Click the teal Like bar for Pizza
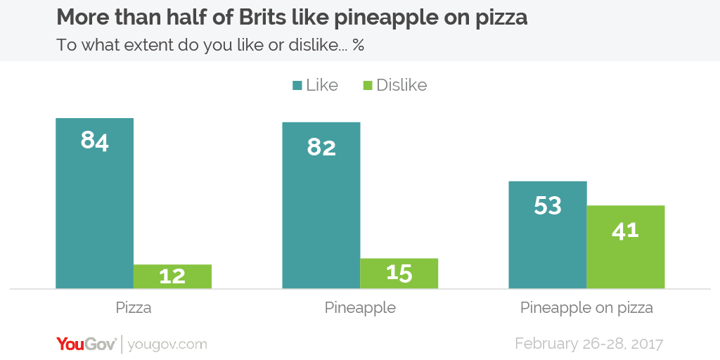click(94, 211)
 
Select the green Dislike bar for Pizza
click(172, 276)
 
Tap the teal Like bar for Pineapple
click(321, 211)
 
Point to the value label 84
click(94, 141)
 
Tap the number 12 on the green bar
click(172, 276)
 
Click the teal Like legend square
click(297, 86)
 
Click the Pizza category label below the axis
click(134, 308)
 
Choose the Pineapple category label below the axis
click(360, 308)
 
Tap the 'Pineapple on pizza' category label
click(586, 308)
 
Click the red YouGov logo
click(86, 344)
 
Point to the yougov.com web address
click(169, 345)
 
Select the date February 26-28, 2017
click(589, 344)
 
